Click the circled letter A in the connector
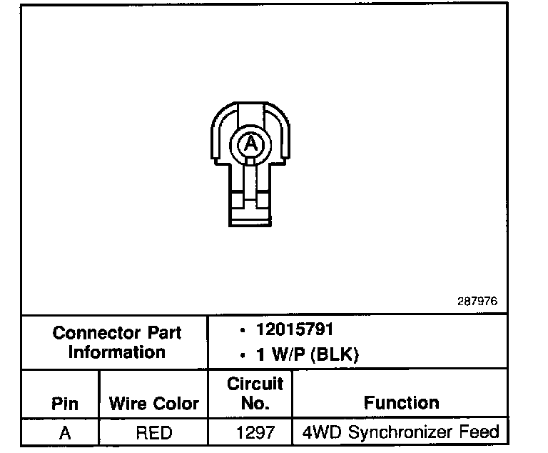[250, 144]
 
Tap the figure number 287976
[477, 301]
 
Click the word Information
[116, 352]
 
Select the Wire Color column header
[153, 403]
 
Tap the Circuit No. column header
[255, 393]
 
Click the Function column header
[401, 402]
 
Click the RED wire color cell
[153, 432]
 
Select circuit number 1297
[255, 432]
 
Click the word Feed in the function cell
[483, 432]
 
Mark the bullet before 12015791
[244, 331]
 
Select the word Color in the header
[176, 403]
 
